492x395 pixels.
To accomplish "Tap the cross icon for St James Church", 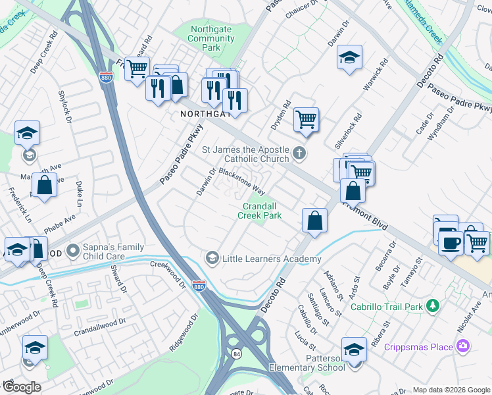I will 299,153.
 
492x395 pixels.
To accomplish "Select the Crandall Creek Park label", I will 259,211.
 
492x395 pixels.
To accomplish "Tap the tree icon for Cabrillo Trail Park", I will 432,305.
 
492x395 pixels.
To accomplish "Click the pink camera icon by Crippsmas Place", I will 464,346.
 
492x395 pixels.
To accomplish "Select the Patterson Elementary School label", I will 307,362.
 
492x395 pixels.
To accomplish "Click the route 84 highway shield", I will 236,354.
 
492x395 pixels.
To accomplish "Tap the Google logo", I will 22,387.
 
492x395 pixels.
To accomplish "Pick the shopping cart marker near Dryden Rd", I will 306,120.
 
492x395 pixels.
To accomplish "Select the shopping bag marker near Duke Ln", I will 44,186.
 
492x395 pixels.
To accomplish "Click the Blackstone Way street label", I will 241,180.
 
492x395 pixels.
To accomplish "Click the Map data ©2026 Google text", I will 451,390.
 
